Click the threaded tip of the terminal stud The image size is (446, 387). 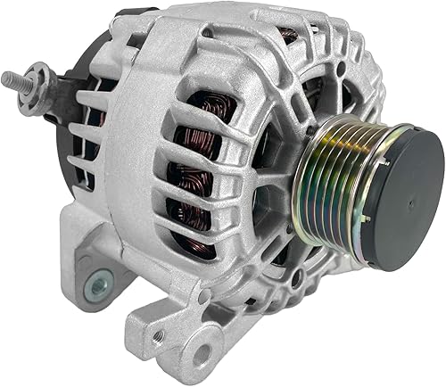10,79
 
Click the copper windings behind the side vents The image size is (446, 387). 192,169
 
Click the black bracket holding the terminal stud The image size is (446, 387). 59,85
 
